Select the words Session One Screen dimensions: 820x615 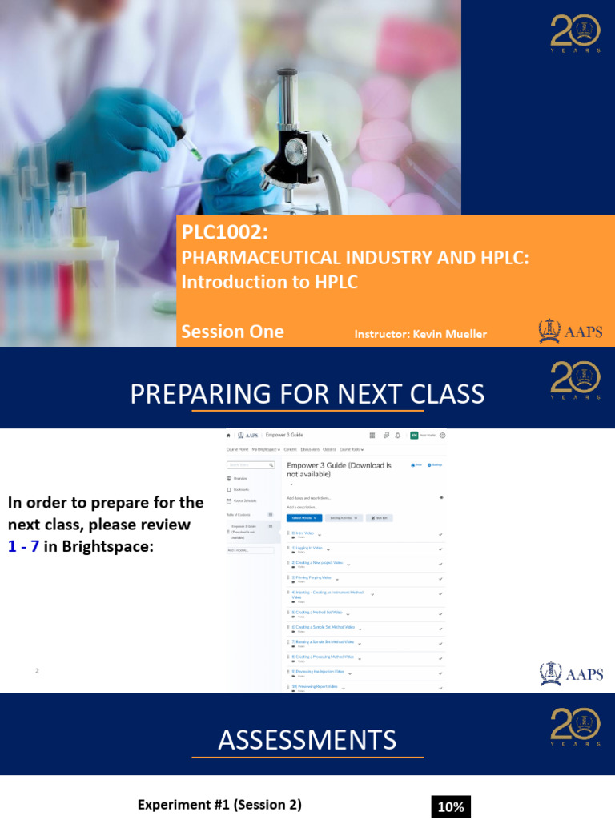click(232, 332)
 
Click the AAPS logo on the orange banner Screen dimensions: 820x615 click(570, 331)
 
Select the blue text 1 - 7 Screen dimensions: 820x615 click(24, 547)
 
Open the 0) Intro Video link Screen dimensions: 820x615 click(303, 533)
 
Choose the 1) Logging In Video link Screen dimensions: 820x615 click(307, 548)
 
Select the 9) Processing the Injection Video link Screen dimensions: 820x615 click(318, 671)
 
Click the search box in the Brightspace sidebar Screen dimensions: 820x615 click(250, 464)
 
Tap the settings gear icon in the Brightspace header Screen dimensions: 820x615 click(443, 436)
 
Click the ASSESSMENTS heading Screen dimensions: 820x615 click(307, 740)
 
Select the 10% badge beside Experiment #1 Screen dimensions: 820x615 click(451, 807)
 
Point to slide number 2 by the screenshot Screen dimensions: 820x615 click(37, 670)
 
